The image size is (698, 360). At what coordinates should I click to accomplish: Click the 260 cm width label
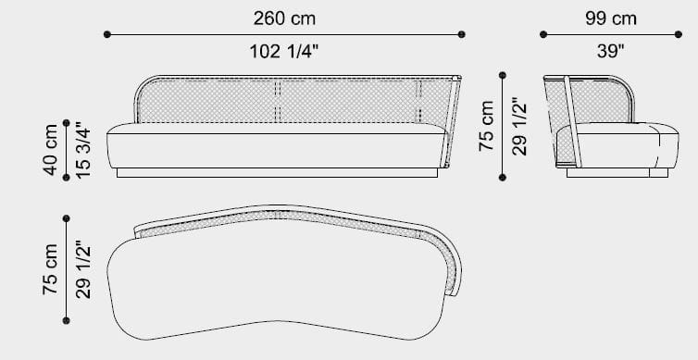[x=284, y=18]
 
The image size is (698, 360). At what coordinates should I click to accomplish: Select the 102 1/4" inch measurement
[x=284, y=53]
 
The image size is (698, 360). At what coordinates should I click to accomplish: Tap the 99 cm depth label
[x=610, y=18]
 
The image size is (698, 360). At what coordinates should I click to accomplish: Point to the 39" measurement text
[x=610, y=53]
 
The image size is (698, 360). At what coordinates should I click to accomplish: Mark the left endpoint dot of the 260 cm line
[x=107, y=34]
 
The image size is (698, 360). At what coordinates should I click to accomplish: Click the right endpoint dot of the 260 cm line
[x=462, y=34]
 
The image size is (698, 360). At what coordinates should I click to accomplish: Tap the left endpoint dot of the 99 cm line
[x=543, y=34]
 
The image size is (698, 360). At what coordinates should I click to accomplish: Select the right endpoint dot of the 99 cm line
[x=679, y=34]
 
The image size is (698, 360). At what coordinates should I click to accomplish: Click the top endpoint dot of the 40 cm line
[x=66, y=121]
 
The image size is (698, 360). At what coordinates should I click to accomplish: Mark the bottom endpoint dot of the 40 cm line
[x=66, y=179]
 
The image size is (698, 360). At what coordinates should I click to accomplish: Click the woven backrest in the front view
[x=278, y=100]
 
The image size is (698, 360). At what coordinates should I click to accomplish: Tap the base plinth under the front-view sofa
[x=278, y=173]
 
